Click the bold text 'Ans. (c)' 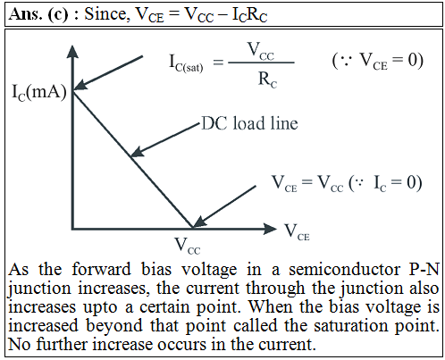point(38,14)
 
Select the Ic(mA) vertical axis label point(39,92)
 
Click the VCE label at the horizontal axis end point(298,232)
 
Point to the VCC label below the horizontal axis point(188,246)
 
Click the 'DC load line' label point(250,123)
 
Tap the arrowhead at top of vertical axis point(72,51)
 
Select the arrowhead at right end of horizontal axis point(270,229)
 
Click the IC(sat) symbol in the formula point(186,63)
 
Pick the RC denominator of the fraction point(267,80)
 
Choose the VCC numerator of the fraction point(261,51)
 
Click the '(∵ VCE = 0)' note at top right point(378,62)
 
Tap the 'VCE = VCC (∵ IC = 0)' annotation point(347,183)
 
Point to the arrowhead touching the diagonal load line point(137,152)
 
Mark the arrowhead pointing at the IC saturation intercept point(80,84)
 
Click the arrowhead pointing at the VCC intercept point(199,222)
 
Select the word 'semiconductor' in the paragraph point(345,270)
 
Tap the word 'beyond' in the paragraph point(114,326)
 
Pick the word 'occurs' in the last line point(181,345)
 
